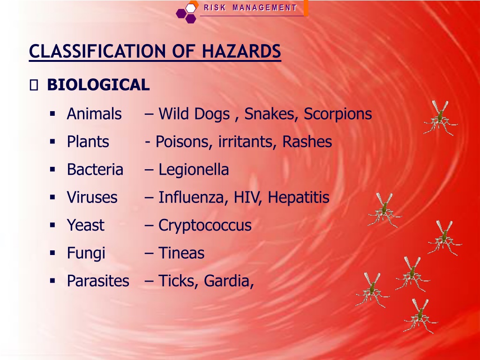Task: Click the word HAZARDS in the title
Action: click(241, 51)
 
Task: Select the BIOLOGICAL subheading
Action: click(98, 85)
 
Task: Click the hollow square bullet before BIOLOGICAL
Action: click(34, 85)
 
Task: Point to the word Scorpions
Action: click(337, 114)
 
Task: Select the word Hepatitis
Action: click(299, 198)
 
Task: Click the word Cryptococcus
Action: click(205, 226)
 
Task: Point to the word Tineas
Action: click(181, 253)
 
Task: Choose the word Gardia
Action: click(229, 281)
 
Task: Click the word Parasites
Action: click(98, 281)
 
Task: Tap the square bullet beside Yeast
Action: click(52, 225)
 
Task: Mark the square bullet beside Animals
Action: click(52, 114)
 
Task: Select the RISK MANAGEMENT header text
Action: click(250, 7)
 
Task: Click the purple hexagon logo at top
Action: click(187, 13)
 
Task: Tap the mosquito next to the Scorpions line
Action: click(440, 118)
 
